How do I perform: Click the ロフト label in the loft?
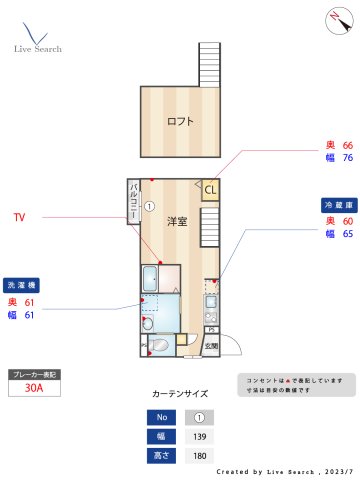(180, 122)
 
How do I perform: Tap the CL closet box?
(211, 188)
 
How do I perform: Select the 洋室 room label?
(177, 222)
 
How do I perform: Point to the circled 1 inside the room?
(149, 207)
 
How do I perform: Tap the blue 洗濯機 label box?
(22, 284)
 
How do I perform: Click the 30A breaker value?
(34, 390)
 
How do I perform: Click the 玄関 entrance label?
(212, 345)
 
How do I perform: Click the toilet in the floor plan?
(147, 325)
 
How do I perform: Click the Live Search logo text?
(38, 48)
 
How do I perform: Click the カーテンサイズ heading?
(180, 394)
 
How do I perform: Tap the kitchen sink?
(210, 301)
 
